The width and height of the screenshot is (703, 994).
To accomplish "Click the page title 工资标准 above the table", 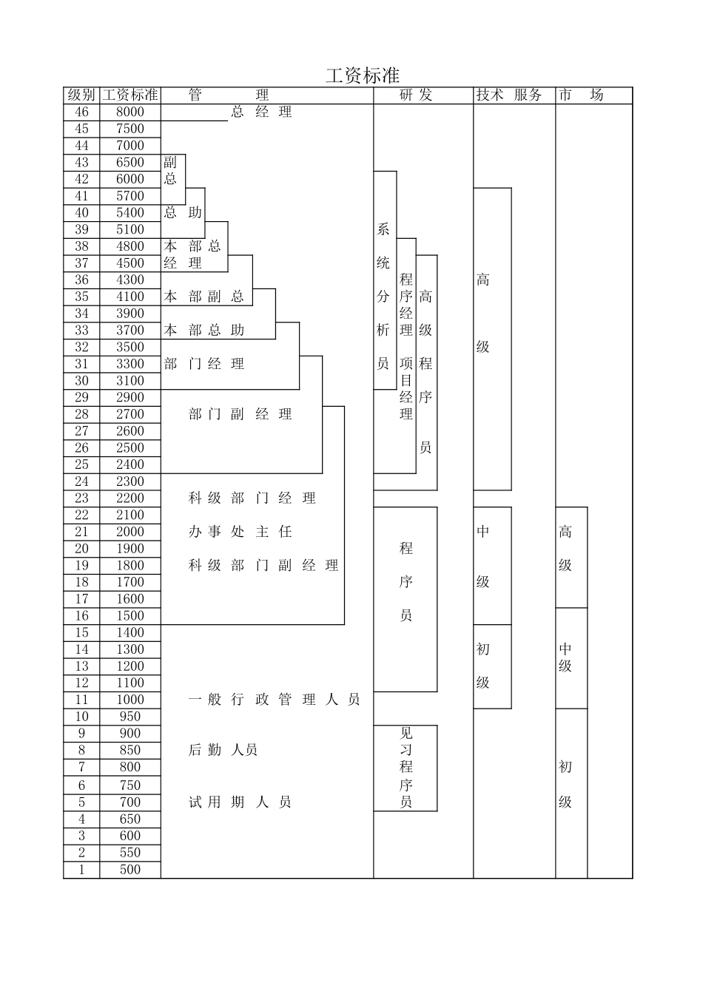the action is pos(363,75).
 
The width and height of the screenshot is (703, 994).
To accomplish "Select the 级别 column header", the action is pos(81,95).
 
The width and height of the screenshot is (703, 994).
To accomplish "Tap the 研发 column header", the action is pos(416,95).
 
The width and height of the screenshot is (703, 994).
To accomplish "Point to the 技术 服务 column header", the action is pos(509,95).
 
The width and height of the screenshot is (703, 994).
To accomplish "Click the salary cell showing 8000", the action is pos(130,112).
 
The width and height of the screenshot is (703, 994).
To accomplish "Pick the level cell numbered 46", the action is pos(81,112).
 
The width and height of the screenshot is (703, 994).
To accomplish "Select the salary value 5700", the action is pos(130,196).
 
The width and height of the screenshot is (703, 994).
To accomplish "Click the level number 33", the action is pos(81,330).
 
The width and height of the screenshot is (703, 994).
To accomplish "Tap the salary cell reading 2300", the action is pos(130,481).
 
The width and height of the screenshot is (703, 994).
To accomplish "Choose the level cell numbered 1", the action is pos(81,870).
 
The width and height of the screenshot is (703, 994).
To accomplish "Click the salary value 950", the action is pos(130,717).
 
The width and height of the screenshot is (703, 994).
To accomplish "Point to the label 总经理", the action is pos(261,112).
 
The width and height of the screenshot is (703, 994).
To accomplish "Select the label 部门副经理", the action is pos(240,414).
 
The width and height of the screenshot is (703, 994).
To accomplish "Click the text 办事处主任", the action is pos(240,532).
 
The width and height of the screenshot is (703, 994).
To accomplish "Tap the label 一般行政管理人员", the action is pos(274,700).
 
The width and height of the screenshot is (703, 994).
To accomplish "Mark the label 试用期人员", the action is pos(240,802).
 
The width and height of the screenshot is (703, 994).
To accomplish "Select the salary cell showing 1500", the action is pos(130,616).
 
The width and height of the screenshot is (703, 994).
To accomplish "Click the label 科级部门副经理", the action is pos(263,565).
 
